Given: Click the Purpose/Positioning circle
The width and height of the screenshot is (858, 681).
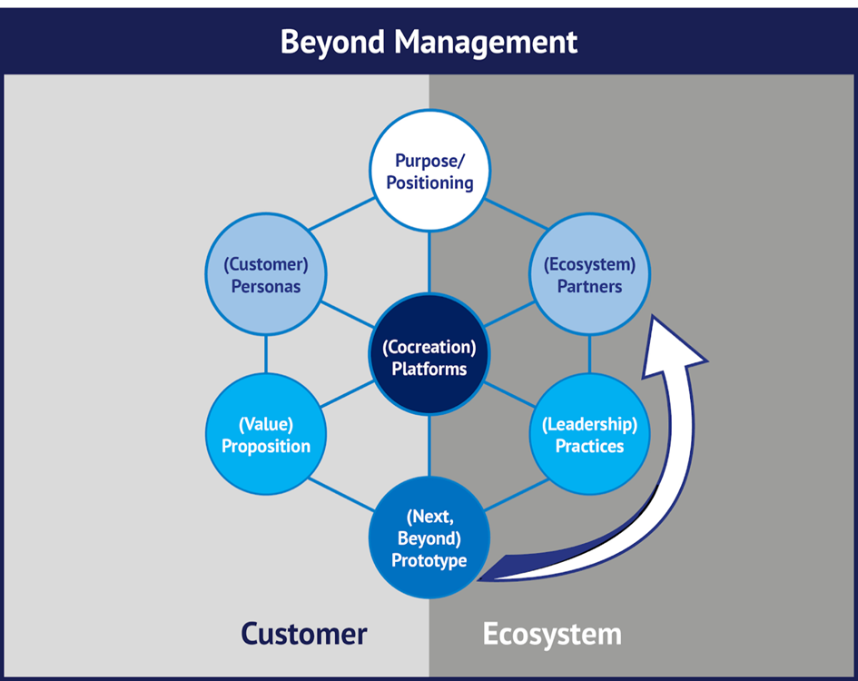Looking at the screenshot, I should pos(429,171).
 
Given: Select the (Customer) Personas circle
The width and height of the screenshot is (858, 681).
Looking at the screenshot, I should pos(266,275).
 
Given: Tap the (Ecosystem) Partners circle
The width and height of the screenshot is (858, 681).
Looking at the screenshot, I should pos(590,275).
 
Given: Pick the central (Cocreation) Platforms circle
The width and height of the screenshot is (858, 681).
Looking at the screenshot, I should pos(429,358).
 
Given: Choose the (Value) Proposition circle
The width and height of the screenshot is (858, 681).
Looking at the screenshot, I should pos(266,434).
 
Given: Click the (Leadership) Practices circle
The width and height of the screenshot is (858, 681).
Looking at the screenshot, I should pos(590,434).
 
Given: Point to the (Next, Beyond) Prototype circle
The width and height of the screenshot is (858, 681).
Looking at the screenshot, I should pos(429,538).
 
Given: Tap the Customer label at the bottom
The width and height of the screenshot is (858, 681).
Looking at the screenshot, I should pos(303,633).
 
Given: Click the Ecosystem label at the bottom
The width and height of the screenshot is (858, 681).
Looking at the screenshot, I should pos(552,633).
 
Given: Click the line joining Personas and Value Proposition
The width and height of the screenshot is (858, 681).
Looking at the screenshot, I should pos(266,354).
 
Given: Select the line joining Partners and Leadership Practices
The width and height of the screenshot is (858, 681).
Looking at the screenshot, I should pos(590,354).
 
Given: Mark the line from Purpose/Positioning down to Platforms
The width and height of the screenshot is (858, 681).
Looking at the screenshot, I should pos(429,263).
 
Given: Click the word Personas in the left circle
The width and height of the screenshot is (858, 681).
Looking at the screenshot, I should pos(264,286).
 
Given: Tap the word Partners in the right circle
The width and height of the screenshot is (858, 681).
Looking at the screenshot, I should pos(590,286).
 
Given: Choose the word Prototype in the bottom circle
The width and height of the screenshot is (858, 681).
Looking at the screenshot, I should pos(429,560).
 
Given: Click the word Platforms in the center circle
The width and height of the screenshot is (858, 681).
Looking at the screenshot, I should pos(429,369).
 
